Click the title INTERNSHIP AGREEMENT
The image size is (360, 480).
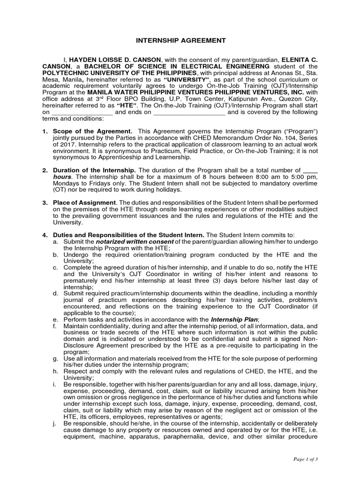pos(180,41)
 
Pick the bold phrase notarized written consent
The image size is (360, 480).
pos(131,241)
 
